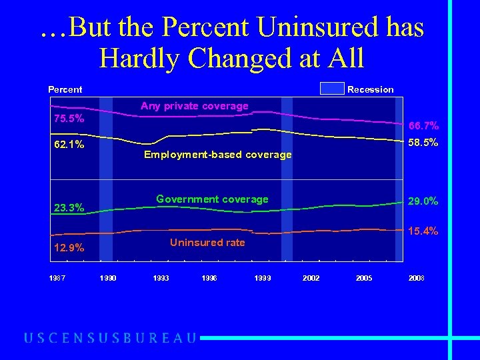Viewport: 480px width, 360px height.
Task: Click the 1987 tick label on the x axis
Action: [57, 278]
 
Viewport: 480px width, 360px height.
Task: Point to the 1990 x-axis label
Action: [107, 278]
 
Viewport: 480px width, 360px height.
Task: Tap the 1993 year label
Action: [161, 278]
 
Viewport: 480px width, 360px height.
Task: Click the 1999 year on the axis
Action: [263, 278]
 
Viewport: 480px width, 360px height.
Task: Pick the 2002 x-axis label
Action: [311, 278]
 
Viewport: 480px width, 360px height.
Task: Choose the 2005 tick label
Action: [364, 278]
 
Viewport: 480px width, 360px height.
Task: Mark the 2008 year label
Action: [416, 278]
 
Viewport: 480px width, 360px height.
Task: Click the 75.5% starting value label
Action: [69, 119]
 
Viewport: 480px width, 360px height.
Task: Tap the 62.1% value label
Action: [69, 144]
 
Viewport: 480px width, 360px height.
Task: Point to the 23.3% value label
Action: [69, 208]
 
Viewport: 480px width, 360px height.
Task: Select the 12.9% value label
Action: [69, 248]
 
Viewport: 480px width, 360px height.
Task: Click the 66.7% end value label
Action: [423, 125]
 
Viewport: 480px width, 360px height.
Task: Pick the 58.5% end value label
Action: [423, 142]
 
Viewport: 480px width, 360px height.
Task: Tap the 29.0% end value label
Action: [423, 201]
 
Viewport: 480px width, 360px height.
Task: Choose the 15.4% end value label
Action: [423, 231]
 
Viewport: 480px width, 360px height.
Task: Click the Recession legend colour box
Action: [332, 89]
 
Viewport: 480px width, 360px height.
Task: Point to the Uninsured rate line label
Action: [207, 243]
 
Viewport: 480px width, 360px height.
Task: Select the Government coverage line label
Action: [212, 199]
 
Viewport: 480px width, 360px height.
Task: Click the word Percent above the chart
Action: [65, 89]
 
